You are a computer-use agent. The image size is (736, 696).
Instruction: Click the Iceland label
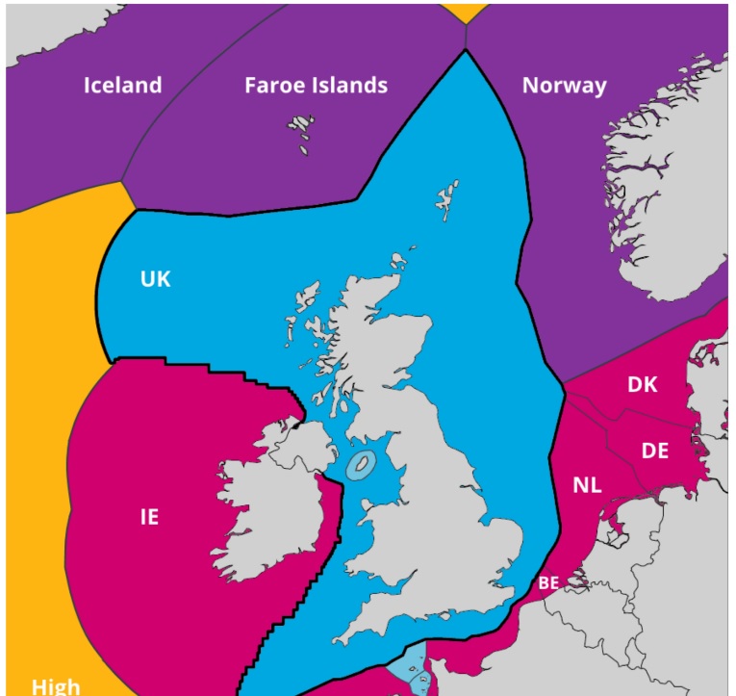coord(122,85)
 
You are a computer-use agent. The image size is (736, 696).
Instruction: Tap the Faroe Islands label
coord(316,85)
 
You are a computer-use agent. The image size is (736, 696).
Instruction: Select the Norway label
coord(565,85)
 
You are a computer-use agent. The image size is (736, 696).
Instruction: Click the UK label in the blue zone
coord(155,278)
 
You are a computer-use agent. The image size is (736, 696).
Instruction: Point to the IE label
coord(149,517)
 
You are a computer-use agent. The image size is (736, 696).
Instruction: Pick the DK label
coord(642,384)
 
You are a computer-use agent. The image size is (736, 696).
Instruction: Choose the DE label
coord(655,450)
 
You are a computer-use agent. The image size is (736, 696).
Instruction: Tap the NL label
coord(587,485)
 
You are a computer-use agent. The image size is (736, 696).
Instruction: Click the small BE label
coord(548,581)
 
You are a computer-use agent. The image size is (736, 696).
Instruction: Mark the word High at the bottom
coord(56,686)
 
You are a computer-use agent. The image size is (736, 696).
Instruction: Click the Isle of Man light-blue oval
coord(361,465)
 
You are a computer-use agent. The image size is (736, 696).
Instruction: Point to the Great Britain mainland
coord(433,501)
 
